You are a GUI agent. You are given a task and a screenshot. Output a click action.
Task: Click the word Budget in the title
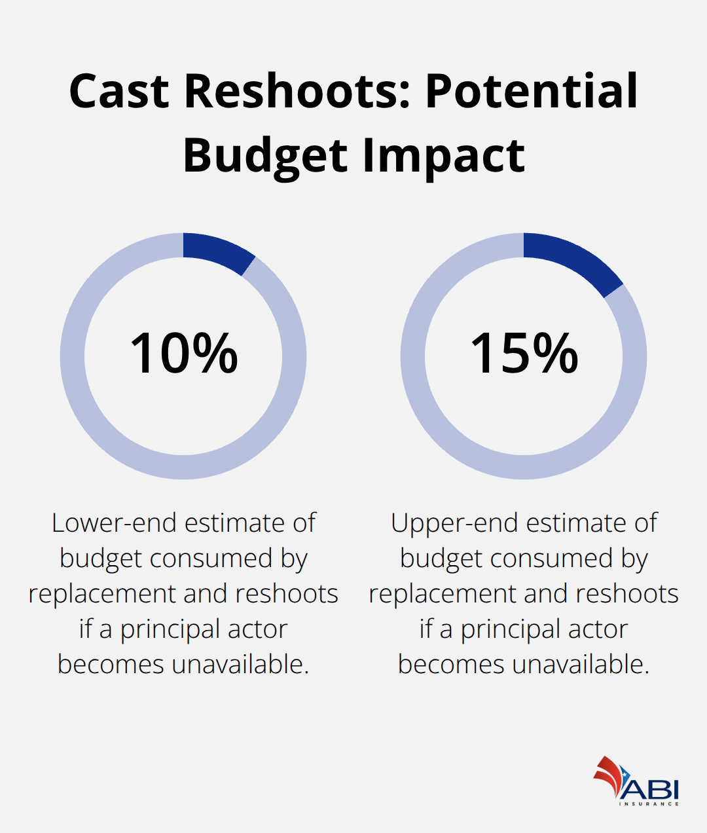(x=265, y=156)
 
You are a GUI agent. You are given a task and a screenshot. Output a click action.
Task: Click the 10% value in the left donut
(x=184, y=354)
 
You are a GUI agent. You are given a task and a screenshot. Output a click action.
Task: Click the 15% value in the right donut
(x=524, y=354)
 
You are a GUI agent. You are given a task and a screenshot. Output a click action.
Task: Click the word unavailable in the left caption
(x=240, y=665)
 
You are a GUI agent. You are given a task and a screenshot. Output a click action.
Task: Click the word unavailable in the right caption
(x=581, y=665)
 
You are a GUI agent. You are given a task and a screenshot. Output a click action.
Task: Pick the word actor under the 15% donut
(x=598, y=629)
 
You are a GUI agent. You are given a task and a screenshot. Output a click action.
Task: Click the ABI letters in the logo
(x=652, y=788)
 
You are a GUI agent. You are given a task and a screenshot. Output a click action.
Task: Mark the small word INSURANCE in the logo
(x=649, y=804)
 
